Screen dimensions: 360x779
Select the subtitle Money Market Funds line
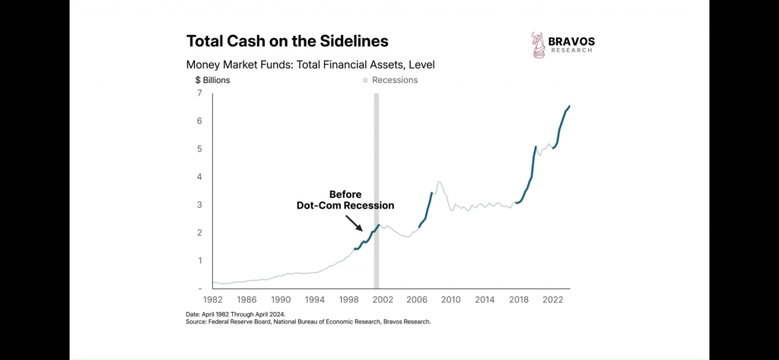click(310, 65)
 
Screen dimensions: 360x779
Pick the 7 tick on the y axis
click(199, 93)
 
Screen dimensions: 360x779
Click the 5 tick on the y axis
click(199, 148)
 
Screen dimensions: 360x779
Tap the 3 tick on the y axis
click(199, 205)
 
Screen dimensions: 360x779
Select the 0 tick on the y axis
click(199, 288)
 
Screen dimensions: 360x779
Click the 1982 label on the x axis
click(213, 300)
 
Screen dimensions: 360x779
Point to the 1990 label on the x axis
click(281, 300)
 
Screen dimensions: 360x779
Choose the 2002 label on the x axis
click(383, 300)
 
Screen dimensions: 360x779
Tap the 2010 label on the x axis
click(451, 300)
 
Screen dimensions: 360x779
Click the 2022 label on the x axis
click(552, 300)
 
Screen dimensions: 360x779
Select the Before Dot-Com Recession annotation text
click(345, 199)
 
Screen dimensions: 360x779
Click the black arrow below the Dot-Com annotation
click(354, 222)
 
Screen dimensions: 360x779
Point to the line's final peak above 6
click(570, 106)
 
